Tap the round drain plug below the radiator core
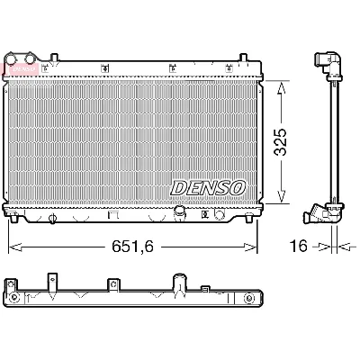[x=179, y=213]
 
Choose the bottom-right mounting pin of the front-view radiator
[x=245, y=216]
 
